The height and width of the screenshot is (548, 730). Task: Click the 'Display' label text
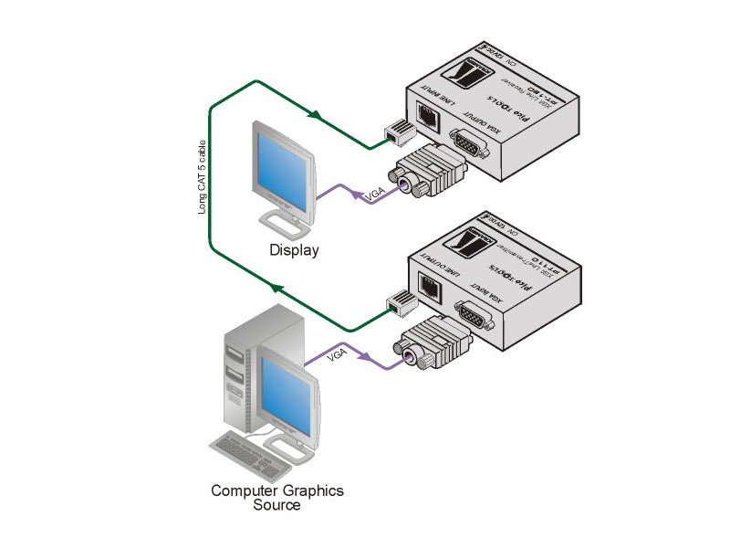[x=294, y=249]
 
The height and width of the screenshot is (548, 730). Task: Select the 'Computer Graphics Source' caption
[x=277, y=498]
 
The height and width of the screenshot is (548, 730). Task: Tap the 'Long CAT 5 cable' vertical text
[x=203, y=178]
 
